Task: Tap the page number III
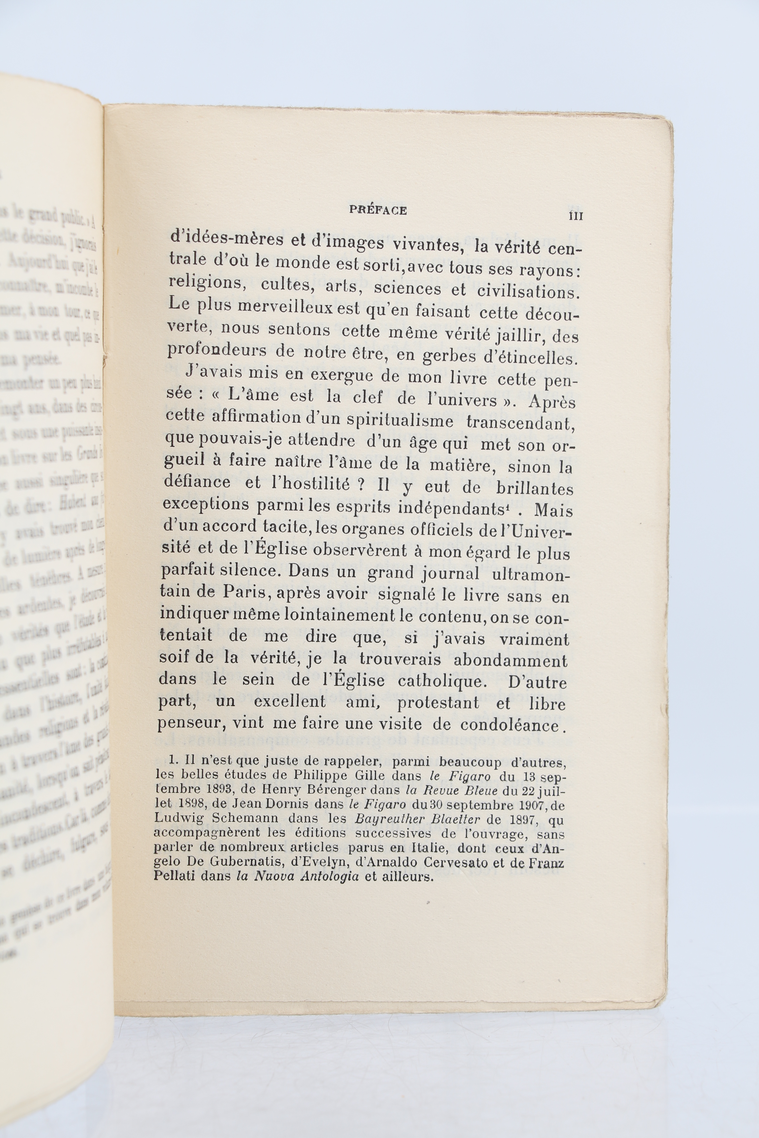(x=576, y=216)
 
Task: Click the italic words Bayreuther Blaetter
(x=417, y=819)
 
